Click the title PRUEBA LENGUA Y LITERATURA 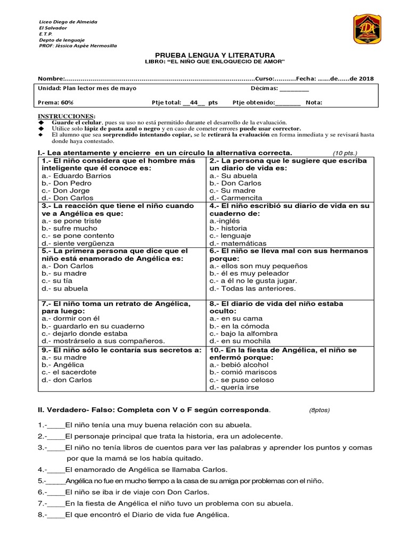pyautogui.click(x=215, y=55)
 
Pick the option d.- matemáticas pyautogui.click(x=238, y=243)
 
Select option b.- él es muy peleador pyautogui.click(x=248, y=273)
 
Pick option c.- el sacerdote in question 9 pyautogui.click(x=68, y=372)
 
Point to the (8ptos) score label pyautogui.click(x=320, y=411)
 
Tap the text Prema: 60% pyautogui.click(x=55, y=103)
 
